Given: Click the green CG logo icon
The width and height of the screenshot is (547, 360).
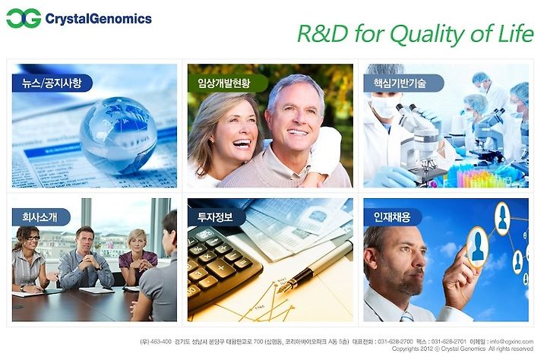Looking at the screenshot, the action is click(x=24, y=18).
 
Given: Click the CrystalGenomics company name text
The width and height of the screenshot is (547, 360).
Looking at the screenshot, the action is click(x=98, y=18).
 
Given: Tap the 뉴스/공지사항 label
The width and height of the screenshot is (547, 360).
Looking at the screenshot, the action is click(x=52, y=83).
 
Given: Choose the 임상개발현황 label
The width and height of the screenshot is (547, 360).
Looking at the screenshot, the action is click(x=224, y=83).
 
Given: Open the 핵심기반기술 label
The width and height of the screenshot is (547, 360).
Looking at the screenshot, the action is click(x=400, y=83).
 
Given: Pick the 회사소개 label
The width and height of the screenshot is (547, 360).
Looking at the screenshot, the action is click(x=40, y=217).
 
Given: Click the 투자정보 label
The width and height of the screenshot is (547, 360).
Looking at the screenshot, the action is click(x=215, y=217).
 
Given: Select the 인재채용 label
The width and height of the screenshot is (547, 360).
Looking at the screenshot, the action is click(x=392, y=217).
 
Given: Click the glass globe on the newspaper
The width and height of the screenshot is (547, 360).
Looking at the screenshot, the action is click(x=118, y=135).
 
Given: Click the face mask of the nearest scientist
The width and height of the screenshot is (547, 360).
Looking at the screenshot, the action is click(x=384, y=106).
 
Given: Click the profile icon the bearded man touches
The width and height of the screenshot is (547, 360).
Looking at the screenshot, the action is click(x=478, y=247).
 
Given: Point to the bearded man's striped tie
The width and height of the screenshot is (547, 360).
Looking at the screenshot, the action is click(x=406, y=316).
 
